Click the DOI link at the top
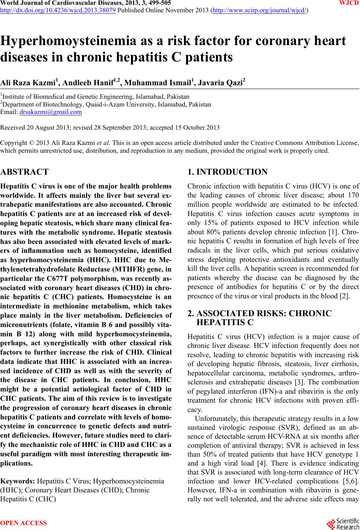coord(58,10)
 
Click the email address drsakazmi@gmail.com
coord(51,111)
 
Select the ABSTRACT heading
coord(25,172)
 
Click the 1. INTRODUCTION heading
coord(227,172)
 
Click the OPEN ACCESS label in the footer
coord(24,523)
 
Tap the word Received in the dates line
coord(13,127)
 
